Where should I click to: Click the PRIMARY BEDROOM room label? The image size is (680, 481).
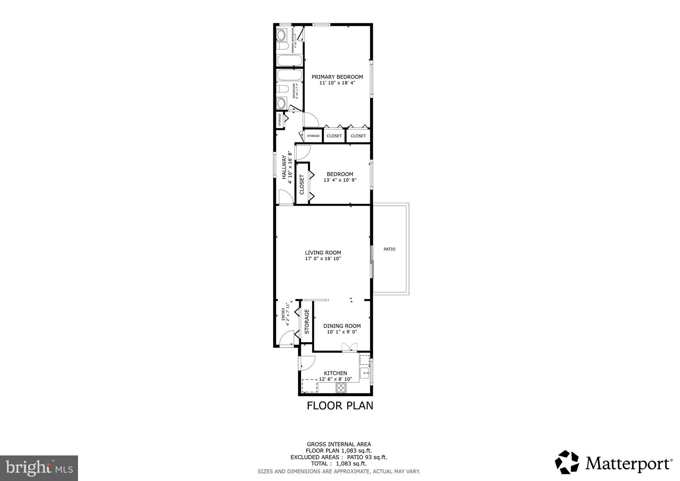pos(337,77)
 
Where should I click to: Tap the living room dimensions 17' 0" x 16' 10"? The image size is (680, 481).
pos(323,258)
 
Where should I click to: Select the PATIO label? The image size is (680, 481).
pos(389,249)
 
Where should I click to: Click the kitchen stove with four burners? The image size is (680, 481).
pos(341,387)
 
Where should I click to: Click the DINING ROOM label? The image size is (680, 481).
pos(342,326)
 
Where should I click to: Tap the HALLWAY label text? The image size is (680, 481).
pos(284,167)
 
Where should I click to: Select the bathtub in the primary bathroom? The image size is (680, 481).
pos(289,60)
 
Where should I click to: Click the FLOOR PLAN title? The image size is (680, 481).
pos(340,406)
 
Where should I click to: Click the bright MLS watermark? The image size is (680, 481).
pos(39,468)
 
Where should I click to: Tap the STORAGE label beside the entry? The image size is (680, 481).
pos(307,322)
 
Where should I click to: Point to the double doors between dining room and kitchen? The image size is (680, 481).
pos(349,347)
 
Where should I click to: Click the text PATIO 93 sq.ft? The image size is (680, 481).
pos(367,457)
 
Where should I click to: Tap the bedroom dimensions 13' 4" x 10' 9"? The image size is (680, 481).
pos(340,180)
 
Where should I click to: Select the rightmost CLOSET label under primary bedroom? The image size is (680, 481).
pos(358,136)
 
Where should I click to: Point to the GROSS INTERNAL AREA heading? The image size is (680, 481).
pos(339,444)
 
